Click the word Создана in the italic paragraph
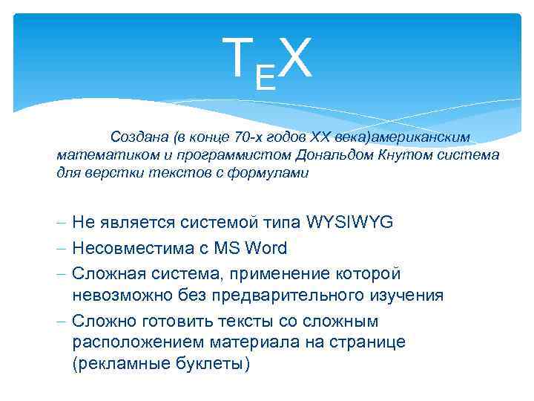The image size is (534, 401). coord(139,137)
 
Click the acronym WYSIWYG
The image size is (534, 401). coord(349,222)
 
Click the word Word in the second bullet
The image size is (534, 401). coord(266,247)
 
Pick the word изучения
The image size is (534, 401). coord(404,295)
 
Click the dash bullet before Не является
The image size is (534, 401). coord(61,223)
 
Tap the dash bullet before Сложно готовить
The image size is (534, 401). coord(61,321)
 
